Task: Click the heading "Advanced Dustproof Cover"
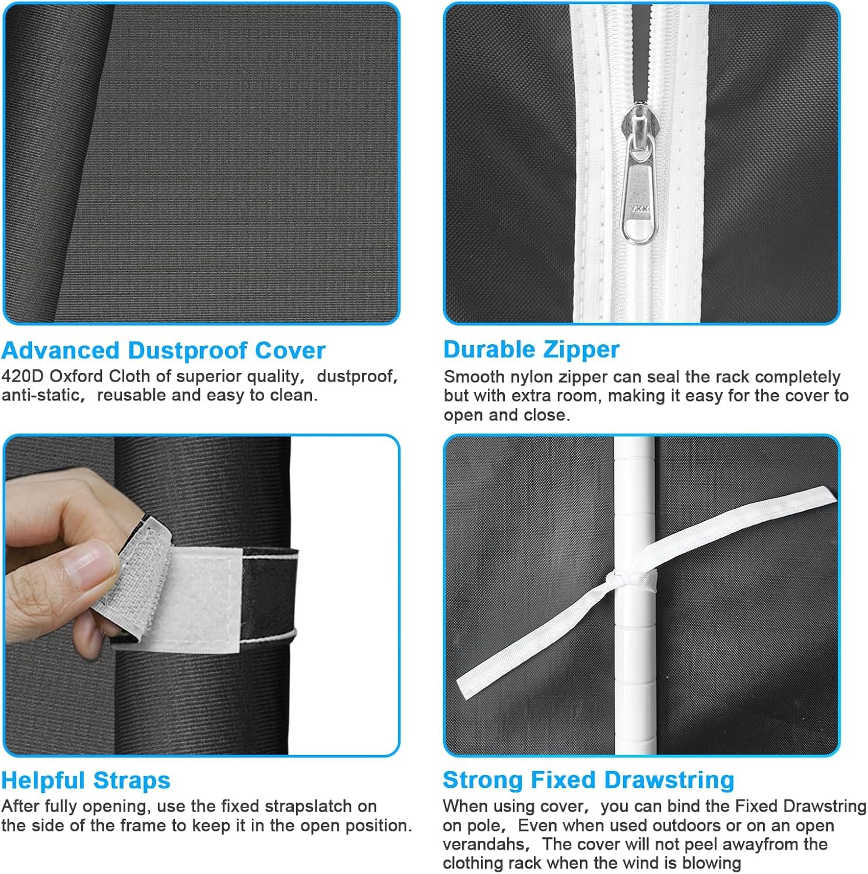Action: point(163,351)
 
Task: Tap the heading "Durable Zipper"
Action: point(531,350)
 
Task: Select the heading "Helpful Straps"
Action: point(86,780)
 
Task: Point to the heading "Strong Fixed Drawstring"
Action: point(588,780)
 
